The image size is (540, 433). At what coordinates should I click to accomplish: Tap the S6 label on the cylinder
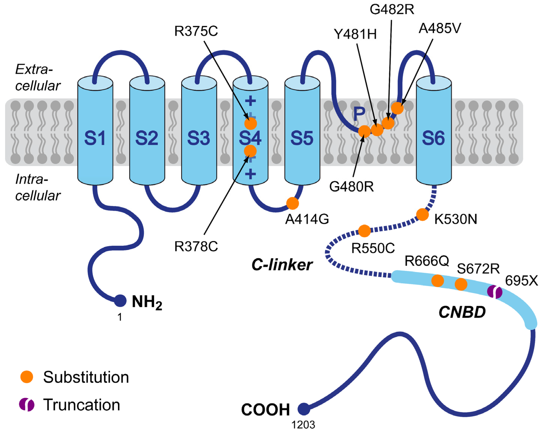(433, 138)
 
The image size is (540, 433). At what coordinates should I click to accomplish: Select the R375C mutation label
(196, 31)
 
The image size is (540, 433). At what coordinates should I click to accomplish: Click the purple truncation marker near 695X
(494, 292)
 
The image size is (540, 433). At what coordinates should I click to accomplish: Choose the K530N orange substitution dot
(423, 214)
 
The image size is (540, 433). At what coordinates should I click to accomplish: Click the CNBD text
(462, 312)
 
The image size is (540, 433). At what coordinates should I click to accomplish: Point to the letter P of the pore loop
(359, 114)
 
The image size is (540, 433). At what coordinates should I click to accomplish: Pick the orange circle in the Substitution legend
(27, 377)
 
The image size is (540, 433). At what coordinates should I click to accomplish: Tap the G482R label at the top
(392, 10)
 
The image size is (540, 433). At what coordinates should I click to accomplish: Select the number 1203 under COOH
(303, 425)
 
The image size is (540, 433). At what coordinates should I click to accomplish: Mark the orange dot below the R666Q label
(438, 281)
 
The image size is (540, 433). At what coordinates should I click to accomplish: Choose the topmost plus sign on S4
(250, 101)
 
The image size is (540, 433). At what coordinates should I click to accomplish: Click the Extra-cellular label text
(38, 77)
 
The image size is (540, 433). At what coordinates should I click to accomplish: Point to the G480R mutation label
(351, 187)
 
